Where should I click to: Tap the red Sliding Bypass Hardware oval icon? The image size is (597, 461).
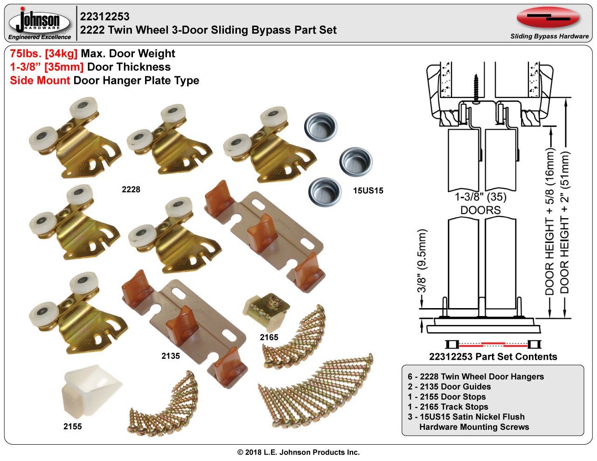tap(548, 18)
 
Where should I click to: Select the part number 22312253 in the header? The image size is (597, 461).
tap(104, 17)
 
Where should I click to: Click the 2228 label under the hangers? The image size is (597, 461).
tap(131, 190)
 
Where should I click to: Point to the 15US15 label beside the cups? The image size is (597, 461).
tap(368, 190)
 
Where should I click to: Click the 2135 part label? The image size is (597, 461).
tap(170, 356)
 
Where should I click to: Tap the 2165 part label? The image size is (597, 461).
tap(269, 337)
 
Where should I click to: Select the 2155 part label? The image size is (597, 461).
tap(73, 426)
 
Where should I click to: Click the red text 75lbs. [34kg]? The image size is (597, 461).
tap(44, 54)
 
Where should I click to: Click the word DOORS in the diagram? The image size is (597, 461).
tap(480, 210)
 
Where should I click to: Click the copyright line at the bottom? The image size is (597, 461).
tap(298, 452)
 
